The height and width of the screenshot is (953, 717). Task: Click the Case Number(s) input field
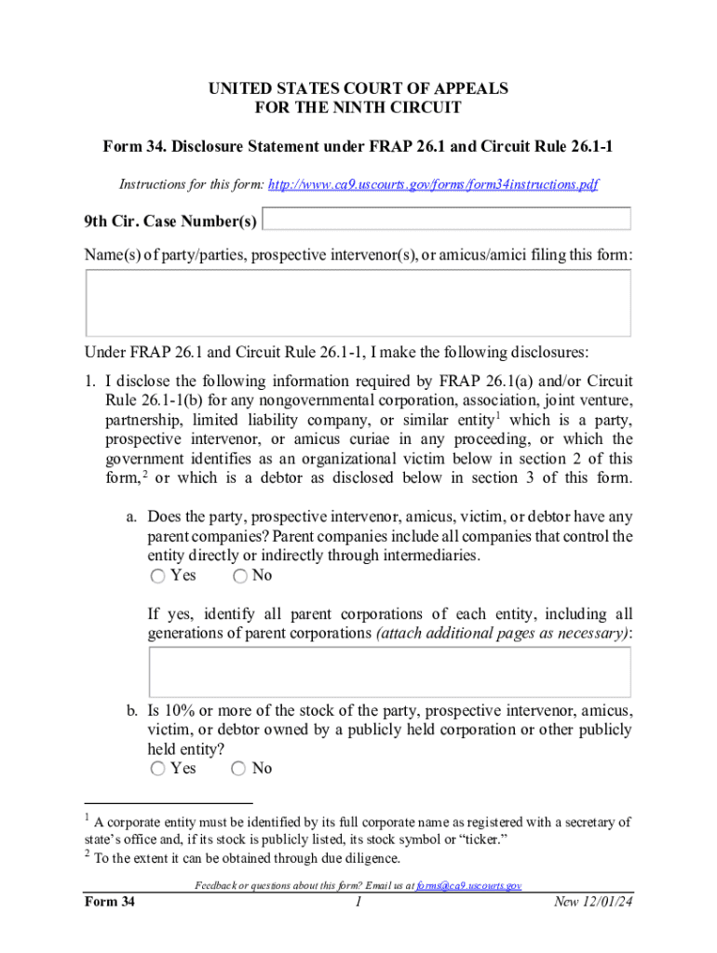click(x=448, y=220)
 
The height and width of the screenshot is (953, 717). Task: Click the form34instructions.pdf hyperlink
click(x=432, y=185)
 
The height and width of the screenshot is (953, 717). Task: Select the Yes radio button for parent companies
click(x=157, y=577)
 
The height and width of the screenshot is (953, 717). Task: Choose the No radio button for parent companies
click(x=240, y=577)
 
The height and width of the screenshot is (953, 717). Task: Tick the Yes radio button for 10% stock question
click(x=157, y=769)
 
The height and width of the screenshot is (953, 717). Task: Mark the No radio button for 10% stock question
click(x=240, y=769)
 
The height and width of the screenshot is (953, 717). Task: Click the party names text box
click(x=358, y=303)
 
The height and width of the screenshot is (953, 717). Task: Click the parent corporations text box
click(x=389, y=672)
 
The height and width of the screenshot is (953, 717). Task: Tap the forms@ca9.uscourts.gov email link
click(x=468, y=886)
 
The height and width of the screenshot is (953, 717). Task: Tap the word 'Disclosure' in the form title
click(x=197, y=147)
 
